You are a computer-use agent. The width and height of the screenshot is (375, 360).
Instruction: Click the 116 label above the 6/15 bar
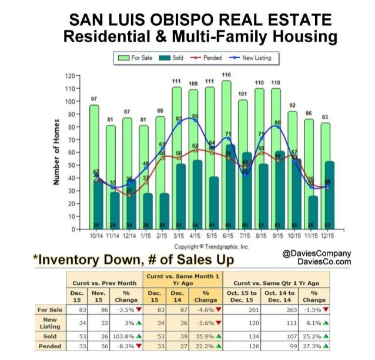coord(226,75)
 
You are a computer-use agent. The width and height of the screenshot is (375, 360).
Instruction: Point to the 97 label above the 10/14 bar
coord(94,99)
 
